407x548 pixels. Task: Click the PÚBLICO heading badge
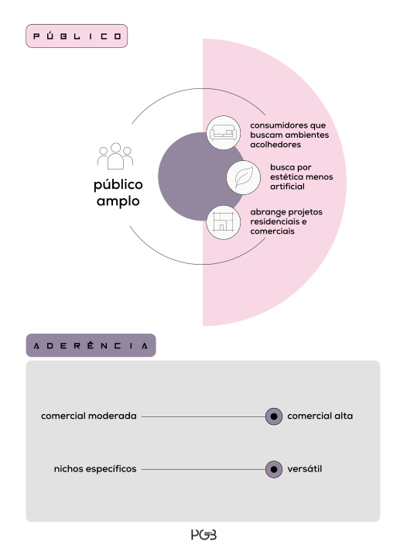coord(77,36)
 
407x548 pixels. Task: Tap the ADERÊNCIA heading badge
coord(91,345)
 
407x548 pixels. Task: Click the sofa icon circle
coord(224,133)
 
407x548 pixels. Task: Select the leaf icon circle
coord(244,177)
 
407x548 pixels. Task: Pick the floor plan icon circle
coord(224,222)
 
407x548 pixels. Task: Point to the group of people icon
coord(115,156)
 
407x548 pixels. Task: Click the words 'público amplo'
coord(118,193)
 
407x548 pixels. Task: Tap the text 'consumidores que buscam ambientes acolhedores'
coord(289,135)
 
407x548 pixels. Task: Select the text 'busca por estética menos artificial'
coord(301,176)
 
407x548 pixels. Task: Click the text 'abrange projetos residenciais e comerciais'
coord(286,221)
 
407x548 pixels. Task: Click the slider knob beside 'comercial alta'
coord(274,416)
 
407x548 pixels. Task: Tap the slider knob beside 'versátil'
coord(274,469)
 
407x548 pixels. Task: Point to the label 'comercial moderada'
coord(89,416)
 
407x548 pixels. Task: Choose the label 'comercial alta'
coord(320,416)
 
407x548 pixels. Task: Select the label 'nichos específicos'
coord(95,469)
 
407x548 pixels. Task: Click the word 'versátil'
coord(305,469)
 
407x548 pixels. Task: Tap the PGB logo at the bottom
coord(203,535)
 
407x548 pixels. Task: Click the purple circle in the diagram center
coord(189,176)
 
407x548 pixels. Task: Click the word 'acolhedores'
coord(275,145)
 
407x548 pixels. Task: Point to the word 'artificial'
coord(287,187)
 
